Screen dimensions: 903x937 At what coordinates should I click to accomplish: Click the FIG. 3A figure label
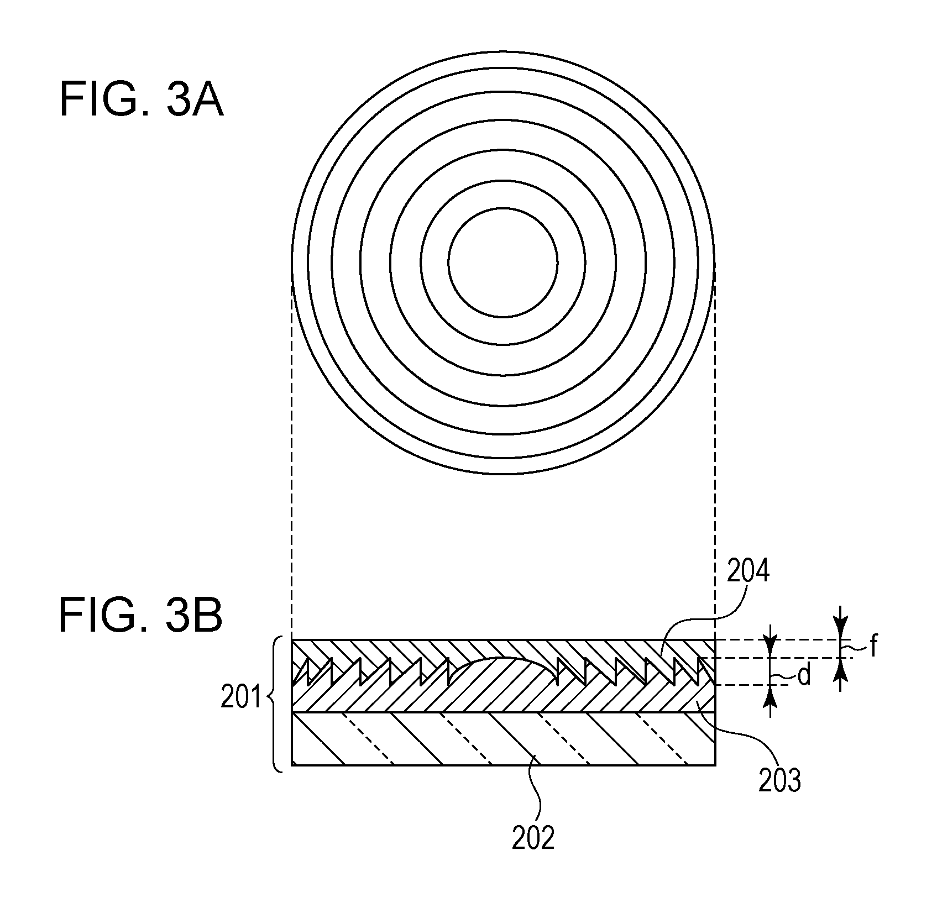142,99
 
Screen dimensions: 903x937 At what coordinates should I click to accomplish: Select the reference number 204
748,573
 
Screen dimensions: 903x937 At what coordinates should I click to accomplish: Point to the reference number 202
533,838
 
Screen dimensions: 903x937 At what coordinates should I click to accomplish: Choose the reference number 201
240,699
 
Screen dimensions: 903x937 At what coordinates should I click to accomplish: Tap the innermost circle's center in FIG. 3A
503,262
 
